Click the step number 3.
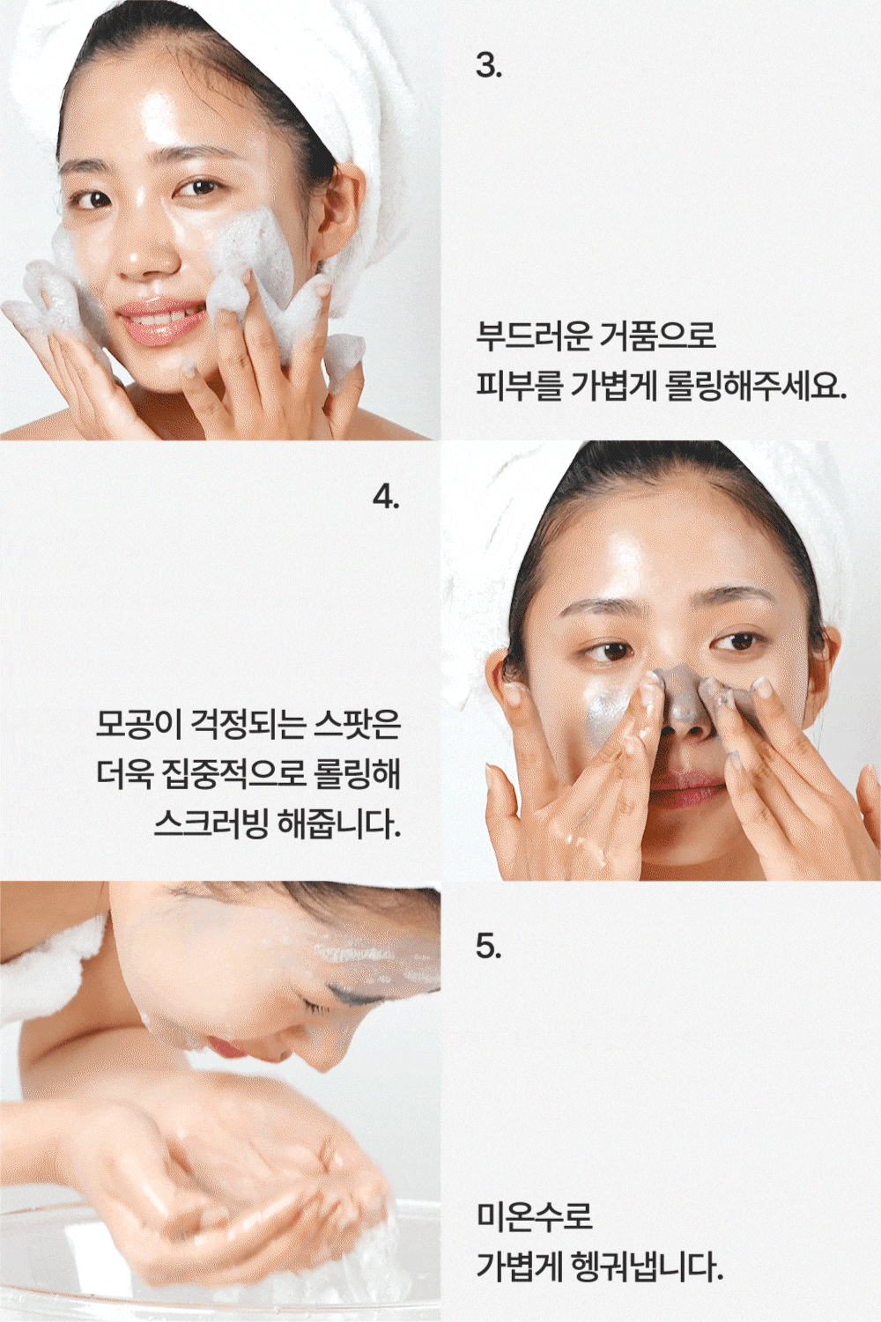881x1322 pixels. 488,65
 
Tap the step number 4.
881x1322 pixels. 386,497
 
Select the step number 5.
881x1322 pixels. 488,946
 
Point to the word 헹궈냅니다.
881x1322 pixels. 648,1266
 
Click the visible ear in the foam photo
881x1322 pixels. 343,210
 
